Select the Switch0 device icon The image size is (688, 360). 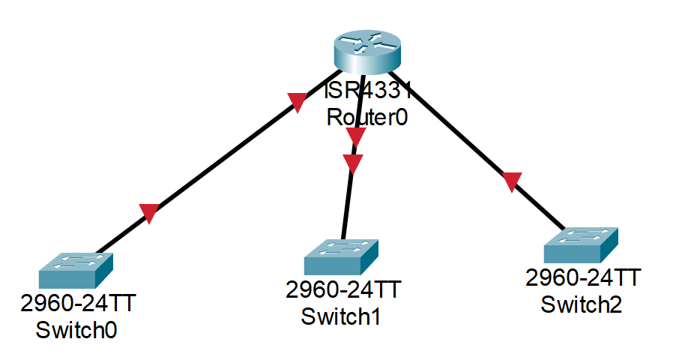click(75, 271)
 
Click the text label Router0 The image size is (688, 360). click(366, 117)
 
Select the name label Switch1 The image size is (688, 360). click(341, 316)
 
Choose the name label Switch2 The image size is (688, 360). click(582, 304)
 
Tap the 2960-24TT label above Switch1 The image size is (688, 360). click(343, 290)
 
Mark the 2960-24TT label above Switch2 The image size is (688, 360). click(582, 279)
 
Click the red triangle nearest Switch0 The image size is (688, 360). click(149, 214)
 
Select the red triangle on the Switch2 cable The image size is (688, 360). click(511, 181)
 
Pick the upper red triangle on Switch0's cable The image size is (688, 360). click(298, 102)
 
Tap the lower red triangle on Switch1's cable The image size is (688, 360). click(352, 163)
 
